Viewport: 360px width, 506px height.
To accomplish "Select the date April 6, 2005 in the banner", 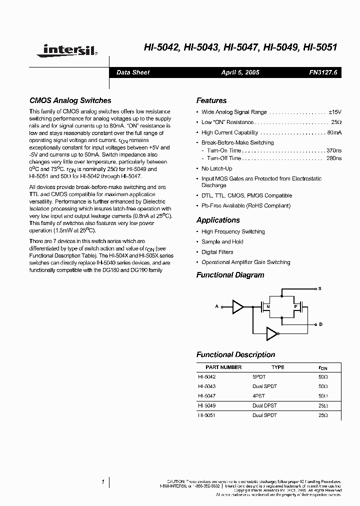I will click(240, 72).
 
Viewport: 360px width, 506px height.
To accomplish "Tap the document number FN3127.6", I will click(323, 72).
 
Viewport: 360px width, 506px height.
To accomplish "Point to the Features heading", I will click(211, 100).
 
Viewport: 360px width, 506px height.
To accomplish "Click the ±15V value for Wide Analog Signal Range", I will click(334, 112).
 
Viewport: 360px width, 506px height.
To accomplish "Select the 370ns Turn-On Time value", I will click(334, 150).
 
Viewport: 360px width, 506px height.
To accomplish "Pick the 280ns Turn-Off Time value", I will click(334, 158).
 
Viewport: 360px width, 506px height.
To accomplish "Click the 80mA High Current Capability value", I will click(334, 132).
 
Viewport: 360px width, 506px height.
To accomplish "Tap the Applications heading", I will click(218, 220).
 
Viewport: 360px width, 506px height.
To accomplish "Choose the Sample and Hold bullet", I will click(222, 241).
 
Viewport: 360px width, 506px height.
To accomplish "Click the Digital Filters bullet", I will click(217, 252).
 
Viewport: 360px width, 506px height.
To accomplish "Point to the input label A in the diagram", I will click(217, 306).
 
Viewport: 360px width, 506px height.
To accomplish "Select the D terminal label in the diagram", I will click(320, 324).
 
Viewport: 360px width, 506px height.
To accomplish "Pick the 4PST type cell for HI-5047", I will click(259, 395).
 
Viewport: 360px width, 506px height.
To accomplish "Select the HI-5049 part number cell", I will click(206, 405).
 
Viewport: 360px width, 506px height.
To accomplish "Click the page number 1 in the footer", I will click(102, 482).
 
